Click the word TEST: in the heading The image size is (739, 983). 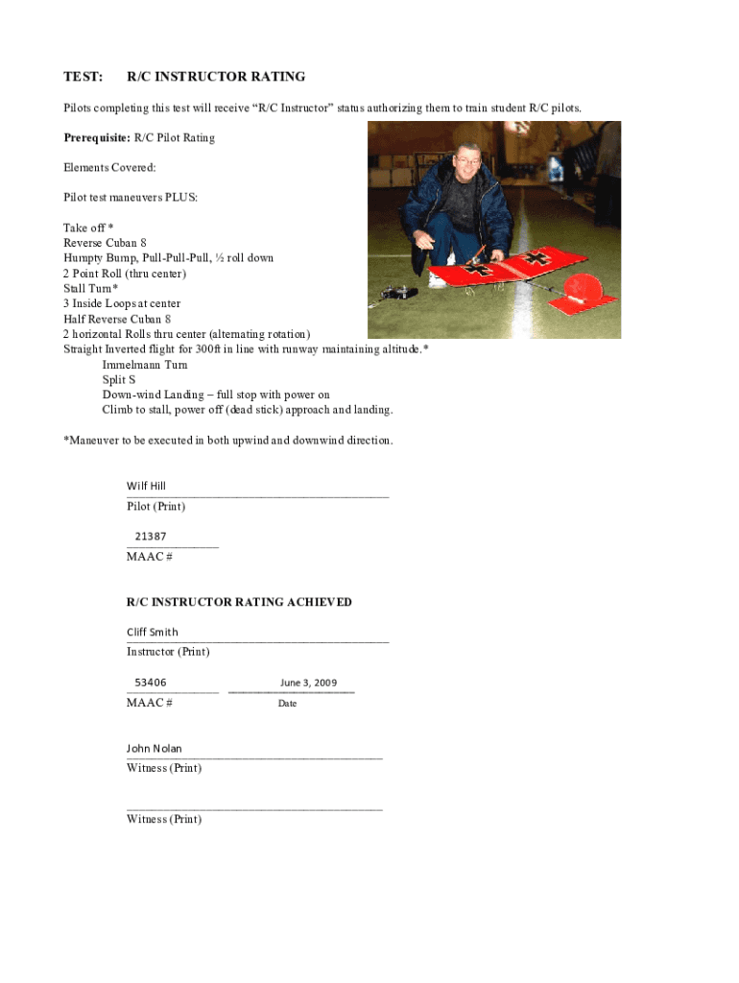tap(83, 77)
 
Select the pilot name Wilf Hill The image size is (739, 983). tap(146, 486)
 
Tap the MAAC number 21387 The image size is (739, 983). tap(151, 536)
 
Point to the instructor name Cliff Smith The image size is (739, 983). tap(153, 632)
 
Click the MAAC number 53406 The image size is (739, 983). tap(151, 683)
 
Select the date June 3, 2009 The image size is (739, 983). tap(308, 683)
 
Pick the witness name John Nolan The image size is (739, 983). tap(154, 748)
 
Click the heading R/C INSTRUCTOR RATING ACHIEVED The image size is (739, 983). tap(239, 602)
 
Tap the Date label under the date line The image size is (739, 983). tap(287, 704)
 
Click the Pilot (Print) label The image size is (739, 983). tap(155, 506)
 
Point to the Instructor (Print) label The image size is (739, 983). tap(168, 652)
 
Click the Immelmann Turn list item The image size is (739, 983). tap(145, 365)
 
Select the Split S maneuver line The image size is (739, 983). tap(119, 380)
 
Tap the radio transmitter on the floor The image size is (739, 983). tap(397, 293)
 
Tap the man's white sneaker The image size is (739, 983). tap(437, 280)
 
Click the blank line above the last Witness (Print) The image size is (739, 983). tap(254, 809)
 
